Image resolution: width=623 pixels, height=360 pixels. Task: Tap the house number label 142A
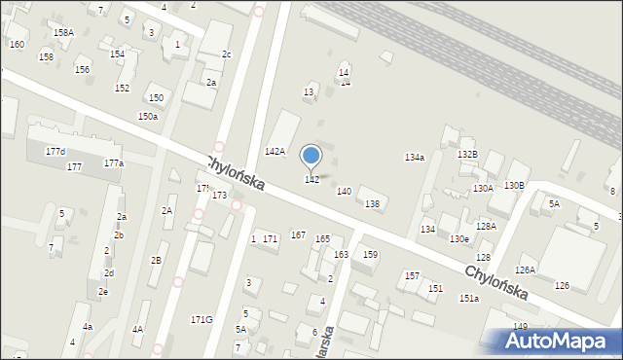[275, 152]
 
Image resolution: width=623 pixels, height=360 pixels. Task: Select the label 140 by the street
[344, 192]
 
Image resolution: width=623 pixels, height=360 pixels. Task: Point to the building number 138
[372, 203]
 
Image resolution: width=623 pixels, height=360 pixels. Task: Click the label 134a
[415, 158]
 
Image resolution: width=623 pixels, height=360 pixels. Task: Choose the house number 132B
[468, 155]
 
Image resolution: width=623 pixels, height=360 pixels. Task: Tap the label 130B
[514, 186]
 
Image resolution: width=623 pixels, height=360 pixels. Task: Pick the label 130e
[459, 239]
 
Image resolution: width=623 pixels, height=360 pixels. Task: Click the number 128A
[486, 226]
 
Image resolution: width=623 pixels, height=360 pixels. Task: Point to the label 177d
[55, 152]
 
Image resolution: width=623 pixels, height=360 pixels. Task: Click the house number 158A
[63, 32]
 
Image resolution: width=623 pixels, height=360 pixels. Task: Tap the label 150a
[148, 117]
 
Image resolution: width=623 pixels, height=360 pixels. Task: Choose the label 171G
[202, 319]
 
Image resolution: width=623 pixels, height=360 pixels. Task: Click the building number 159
[370, 255]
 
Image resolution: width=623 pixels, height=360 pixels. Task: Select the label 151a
[469, 298]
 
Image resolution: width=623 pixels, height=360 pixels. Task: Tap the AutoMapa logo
[560, 340]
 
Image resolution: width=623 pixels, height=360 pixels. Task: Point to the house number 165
[322, 238]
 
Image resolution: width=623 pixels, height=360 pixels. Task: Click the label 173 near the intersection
[219, 196]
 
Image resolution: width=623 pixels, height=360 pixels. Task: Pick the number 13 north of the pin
[309, 91]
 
